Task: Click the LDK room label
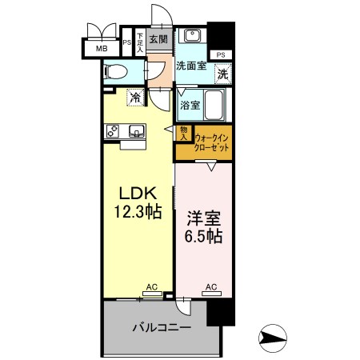point(138,193)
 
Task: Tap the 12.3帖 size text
point(138,211)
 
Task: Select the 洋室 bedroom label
point(204,218)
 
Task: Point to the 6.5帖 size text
point(204,236)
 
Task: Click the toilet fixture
point(116,72)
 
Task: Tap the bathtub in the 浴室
point(214,105)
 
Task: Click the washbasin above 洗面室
point(192,35)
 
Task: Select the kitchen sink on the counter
point(137,131)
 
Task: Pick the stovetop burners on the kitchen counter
point(113,131)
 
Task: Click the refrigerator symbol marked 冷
point(136,97)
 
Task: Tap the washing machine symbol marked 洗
point(223,74)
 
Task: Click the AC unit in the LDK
point(152,294)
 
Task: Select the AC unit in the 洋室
point(211,294)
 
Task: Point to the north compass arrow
point(273,338)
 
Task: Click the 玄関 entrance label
point(158,39)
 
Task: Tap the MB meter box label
point(102,49)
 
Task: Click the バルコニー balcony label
point(162,327)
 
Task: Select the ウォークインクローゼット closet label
point(212,143)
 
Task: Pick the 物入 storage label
point(184,134)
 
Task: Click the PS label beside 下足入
point(127,42)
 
